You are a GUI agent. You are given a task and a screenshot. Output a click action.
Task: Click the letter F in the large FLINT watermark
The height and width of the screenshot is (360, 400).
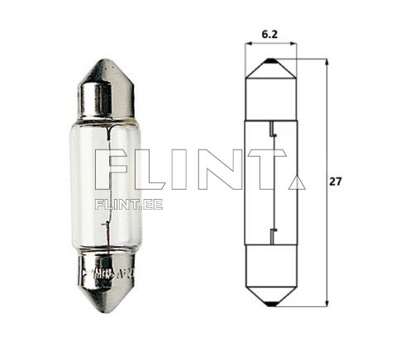pyautogui.click(x=112, y=170)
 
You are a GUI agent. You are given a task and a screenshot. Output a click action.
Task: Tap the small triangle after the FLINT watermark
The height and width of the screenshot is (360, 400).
pyautogui.click(x=298, y=181)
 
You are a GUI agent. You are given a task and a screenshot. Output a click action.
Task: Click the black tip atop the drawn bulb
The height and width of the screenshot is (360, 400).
pyautogui.click(x=270, y=61)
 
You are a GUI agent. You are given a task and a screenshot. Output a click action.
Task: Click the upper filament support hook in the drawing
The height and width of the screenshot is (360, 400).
pyautogui.click(x=270, y=128)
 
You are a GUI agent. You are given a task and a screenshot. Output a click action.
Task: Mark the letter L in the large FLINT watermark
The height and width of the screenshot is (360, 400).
pyautogui.click(x=158, y=170)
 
